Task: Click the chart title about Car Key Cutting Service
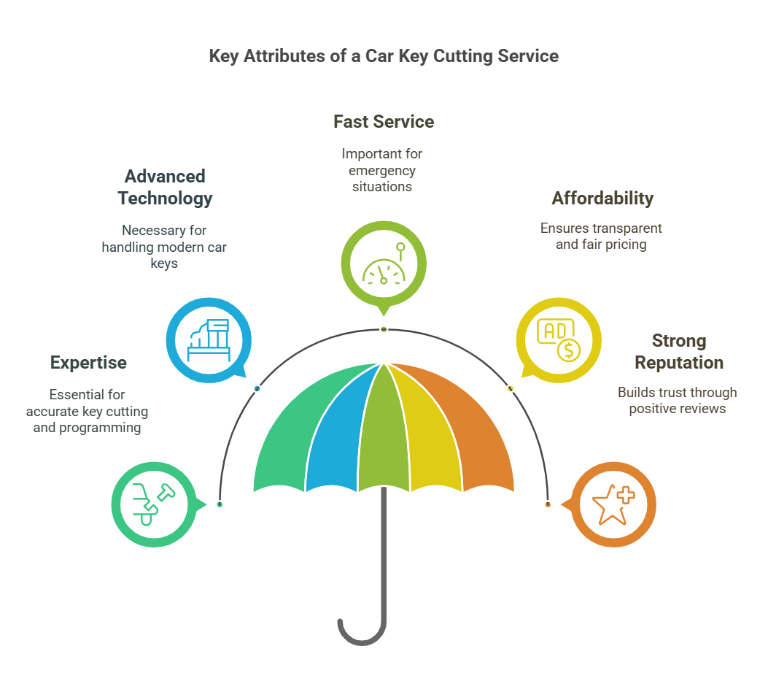[x=384, y=56]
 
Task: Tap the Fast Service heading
[x=384, y=122]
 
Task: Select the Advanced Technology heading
[x=165, y=187]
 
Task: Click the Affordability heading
[x=602, y=199]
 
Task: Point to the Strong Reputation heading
[x=678, y=352]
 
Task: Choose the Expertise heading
[x=88, y=363]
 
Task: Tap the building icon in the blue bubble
[x=209, y=339]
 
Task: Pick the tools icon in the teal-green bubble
[x=154, y=503]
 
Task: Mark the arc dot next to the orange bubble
[x=548, y=504]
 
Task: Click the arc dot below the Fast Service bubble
[x=384, y=330]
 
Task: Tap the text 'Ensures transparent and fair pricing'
[x=602, y=237]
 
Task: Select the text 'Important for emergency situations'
[x=382, y=170]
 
